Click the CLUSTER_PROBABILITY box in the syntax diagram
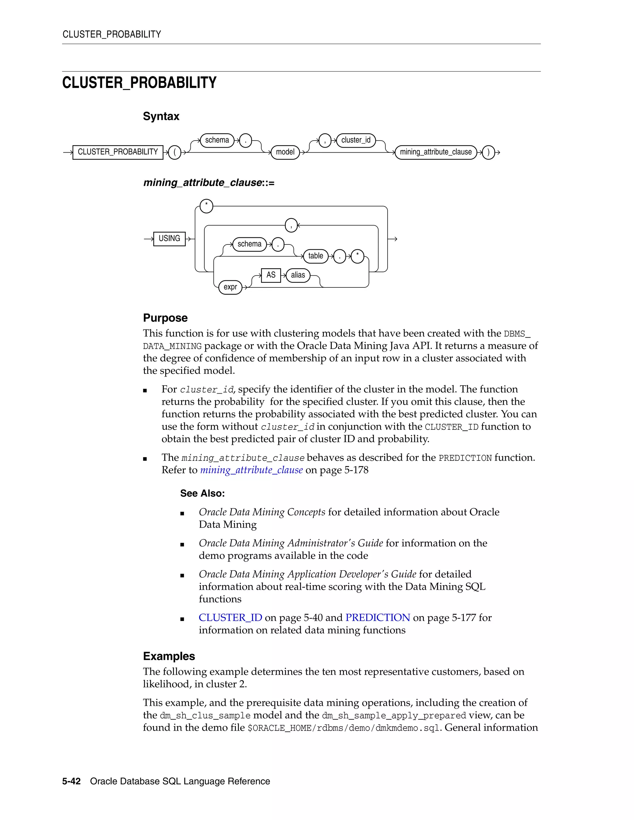[x=118, y=152]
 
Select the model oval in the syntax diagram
[x=285, y=152]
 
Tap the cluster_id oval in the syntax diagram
[x=356, y=140]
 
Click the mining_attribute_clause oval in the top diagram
[x=436, y=152]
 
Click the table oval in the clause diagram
[x=315, y=256]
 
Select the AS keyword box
[x=271, y=275]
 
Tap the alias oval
[x=298, y=275]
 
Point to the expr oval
[x=230, y=287]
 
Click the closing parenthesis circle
[x=488, y=153]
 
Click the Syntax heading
[x=161, y=116]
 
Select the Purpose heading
[x=165, y=318]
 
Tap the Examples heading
[x=169, y=656]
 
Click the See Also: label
[x=202, y=493]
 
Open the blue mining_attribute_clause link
[x=251, y=470]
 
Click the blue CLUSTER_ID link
[x=230, y=618]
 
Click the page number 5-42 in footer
[x=72, y=781]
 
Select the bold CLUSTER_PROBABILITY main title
[x=139, y=83]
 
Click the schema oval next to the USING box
[x=250, y=244]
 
